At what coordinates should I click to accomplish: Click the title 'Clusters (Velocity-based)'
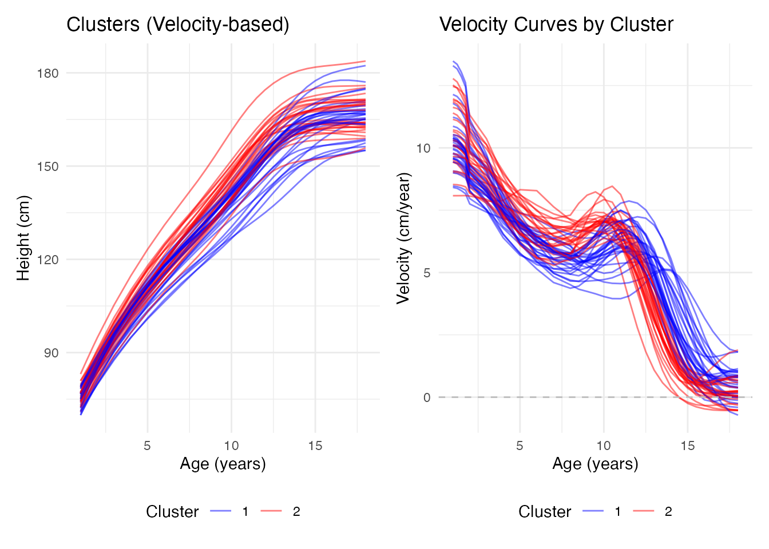coord(177,25)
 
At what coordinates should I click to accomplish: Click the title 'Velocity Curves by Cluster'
coord(556,25)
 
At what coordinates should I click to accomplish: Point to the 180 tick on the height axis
coord(47,73)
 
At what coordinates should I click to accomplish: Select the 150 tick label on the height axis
coord(47,166)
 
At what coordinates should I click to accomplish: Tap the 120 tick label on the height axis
coord(47,260)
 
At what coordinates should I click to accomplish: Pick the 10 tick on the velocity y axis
coord(423,148)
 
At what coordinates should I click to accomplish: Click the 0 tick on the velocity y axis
coord(427,397)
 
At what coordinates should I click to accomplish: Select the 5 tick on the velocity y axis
coord(427,273)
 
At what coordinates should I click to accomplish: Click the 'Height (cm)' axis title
coord(22,238)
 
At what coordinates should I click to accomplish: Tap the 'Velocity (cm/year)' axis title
coord(403,238)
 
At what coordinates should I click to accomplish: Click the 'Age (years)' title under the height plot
coord(223,463)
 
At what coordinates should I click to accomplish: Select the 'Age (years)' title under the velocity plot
coord(596,463)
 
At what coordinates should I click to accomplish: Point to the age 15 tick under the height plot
coord(315,445)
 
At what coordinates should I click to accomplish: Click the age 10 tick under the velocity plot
coord(604,445)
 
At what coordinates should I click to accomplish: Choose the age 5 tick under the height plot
coord(148,445)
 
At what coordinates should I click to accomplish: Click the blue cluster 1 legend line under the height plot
coord(220,511)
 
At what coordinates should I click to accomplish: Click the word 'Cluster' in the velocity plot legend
coord(545,511)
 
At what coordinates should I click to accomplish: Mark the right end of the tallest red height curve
coord(365,61)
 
